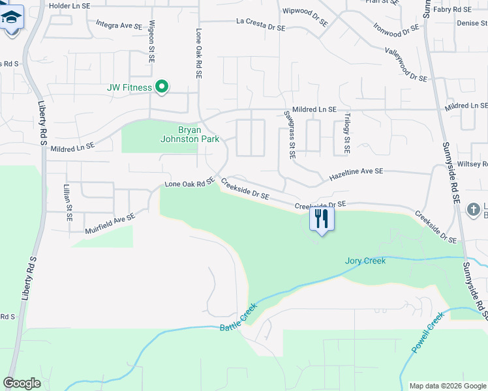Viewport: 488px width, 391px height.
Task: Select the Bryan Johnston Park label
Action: tap(189, 134)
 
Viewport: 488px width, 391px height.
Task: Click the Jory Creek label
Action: tap(365, 261)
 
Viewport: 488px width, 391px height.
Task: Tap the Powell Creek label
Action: tap(427, 332)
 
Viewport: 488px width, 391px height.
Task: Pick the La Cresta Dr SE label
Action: tap(260, 28)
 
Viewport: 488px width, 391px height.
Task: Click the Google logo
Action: tap(22, 383)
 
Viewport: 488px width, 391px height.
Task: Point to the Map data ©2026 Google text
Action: tap(447, 386)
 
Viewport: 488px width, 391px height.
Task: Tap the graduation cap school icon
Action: tap(11, 16)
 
